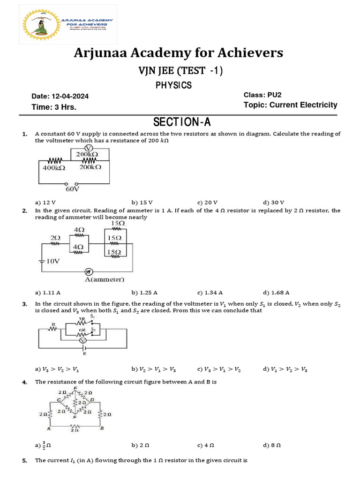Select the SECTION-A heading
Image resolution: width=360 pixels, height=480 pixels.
pyautogui.click(x=182, y=122)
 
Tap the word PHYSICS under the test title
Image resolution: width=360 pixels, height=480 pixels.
pyautogui.click(x=173, y=85)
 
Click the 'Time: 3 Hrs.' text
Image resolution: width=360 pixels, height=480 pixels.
pyautogui.click(x=54, y=107)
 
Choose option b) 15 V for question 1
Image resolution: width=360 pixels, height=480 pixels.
pyautogui.click(x=142, y=202)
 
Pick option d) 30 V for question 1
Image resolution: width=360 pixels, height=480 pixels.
pyautogui.click(x=274, y=202)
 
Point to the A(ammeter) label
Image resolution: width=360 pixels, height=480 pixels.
pyautogui.click(x=105, y=280)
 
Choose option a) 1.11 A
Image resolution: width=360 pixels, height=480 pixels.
pyautogui.click(x=45, y=292)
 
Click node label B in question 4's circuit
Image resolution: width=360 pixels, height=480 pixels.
pyautogui.click(x=102, y=428)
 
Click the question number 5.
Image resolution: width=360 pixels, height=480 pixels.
pyautogui.click(x=25, y=461)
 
